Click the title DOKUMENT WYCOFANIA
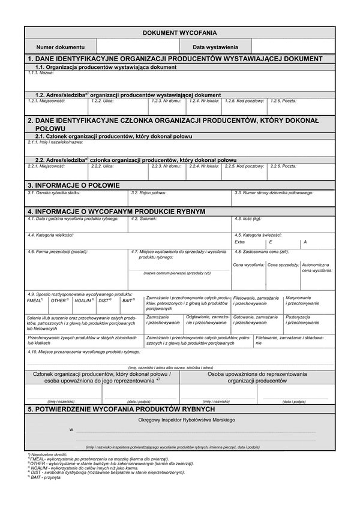(179, 33)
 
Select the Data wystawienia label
(215, 46)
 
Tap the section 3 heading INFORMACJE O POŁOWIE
(74, 185)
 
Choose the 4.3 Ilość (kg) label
(248, 219)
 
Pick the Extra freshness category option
(239, 242)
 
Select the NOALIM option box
(84, 300)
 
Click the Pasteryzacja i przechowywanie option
(302, 319)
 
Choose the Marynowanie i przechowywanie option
(302, 300)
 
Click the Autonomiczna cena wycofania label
(317, 267)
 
